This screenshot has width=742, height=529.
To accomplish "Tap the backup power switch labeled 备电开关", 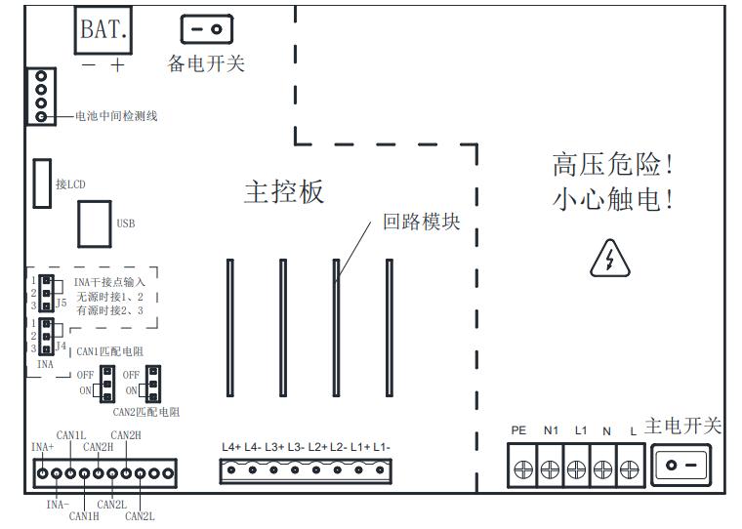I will click(x=205, y=29).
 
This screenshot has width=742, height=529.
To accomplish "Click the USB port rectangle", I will click(x=95, y=224).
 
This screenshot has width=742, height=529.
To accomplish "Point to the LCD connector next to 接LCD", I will click(x=43, y=183).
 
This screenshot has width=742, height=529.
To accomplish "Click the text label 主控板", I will click(x=283, y=192).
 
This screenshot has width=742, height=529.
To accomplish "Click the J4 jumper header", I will click(x=45, y=335).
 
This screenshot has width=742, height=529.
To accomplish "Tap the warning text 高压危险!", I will click(x=614, y=163).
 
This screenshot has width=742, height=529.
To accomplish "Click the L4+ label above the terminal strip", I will click(x=231, y=447).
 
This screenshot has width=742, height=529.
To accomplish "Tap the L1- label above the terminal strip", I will click(x=382, y=447).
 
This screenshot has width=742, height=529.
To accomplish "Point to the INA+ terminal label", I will click(x=42, y=448).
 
